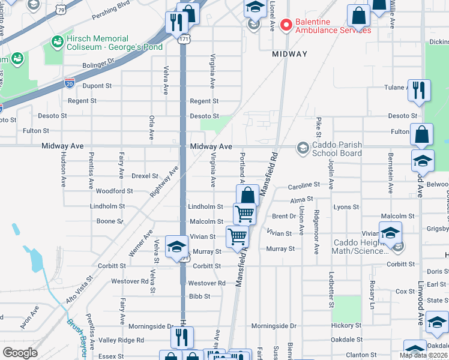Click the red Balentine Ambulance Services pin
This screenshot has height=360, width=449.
(286, 25)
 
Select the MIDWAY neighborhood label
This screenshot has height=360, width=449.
(289, 54)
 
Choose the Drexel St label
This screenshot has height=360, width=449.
(145, 176)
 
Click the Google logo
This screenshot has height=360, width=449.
(20, 353)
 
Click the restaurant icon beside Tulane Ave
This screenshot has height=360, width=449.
(418, 90)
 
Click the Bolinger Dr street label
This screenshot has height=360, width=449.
(98, 62)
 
